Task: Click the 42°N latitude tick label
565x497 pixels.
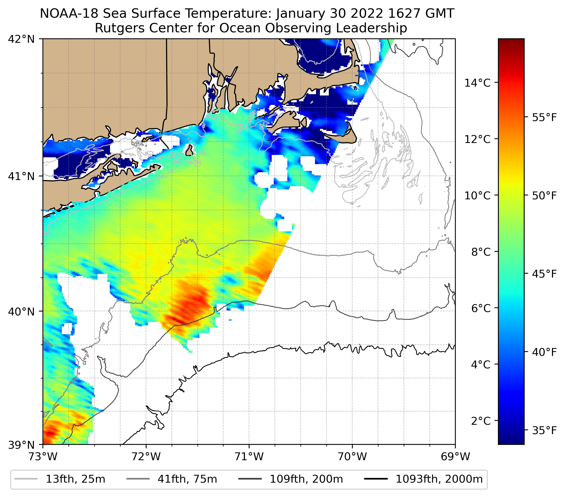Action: tap(21, 39)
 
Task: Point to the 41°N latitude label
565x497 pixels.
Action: tap(21, 176)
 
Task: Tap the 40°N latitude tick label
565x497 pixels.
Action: tap(21, 312)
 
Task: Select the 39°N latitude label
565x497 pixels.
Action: tap(21, 445)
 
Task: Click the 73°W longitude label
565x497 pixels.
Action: tap(43, 457)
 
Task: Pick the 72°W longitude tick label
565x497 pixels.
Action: tap(146, 457)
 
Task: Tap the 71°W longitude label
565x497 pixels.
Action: tap(249, 457)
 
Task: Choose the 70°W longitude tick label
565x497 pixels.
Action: tap(353, 457)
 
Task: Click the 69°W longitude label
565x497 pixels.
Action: tap(455, 457)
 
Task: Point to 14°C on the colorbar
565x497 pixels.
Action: tap(477, 83)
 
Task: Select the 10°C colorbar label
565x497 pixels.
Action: tap(477, 195)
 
